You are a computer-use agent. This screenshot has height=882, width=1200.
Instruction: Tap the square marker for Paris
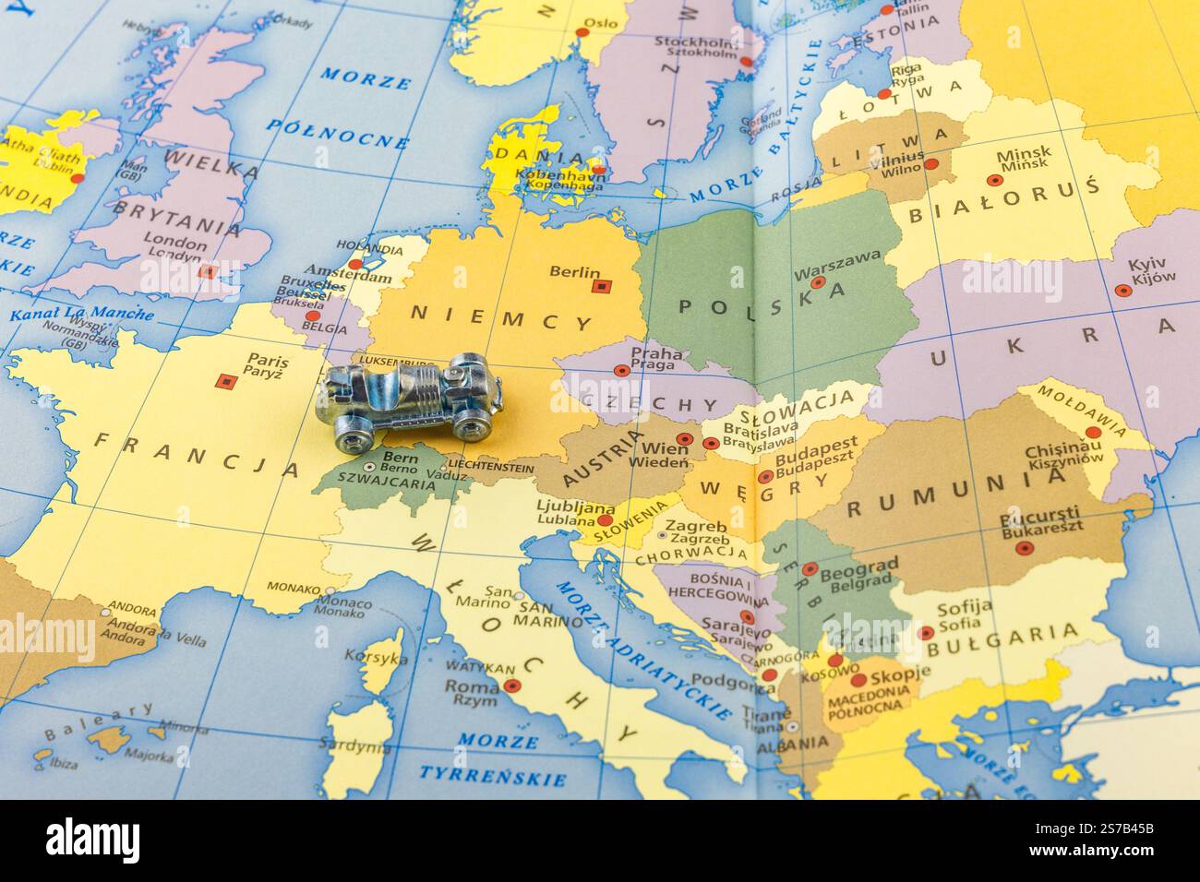[x=223, y=380]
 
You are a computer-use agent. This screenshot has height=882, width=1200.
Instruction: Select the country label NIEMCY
[x=501, y=317]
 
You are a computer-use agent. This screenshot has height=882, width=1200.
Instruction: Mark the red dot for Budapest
[x=765, y=477]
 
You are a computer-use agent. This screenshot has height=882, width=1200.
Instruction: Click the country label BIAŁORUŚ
[x=1004, y=202]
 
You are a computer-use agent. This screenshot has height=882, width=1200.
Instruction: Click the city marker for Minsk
[x=995, y=181]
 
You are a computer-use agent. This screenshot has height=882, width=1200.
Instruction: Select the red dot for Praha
[x=622, y=371]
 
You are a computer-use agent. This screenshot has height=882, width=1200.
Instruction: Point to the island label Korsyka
[x=375, y=658]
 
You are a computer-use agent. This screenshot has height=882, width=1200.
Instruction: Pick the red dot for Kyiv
[x=1122, y=290]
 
